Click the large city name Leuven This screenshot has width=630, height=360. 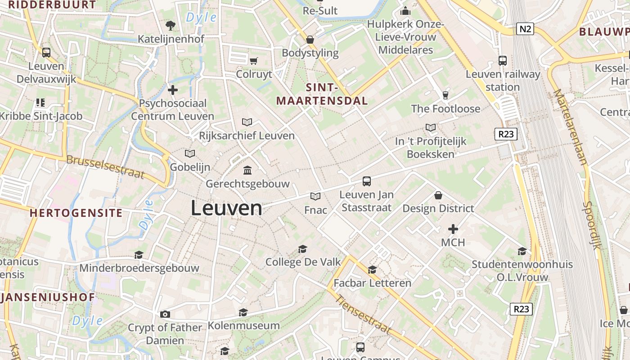226,208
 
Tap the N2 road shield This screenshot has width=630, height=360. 525,29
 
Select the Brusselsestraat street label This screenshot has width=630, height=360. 105,167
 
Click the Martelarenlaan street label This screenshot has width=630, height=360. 571,127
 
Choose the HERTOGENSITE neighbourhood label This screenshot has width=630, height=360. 76,213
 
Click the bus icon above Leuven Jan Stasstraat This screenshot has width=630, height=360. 367,181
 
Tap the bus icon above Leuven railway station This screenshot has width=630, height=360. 503,60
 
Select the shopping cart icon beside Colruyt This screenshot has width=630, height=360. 254,60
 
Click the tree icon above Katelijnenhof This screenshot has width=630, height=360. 171,25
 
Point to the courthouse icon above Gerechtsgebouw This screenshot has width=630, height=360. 247,170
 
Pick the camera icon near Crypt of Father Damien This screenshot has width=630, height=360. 165,314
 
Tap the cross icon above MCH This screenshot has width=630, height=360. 453,229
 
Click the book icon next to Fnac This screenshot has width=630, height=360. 315,196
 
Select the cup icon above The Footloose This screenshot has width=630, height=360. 445,95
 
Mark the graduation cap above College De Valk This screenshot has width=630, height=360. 302,249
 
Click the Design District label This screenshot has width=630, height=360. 438,208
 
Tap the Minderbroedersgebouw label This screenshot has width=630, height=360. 139,268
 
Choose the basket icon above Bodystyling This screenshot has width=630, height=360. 310,40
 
